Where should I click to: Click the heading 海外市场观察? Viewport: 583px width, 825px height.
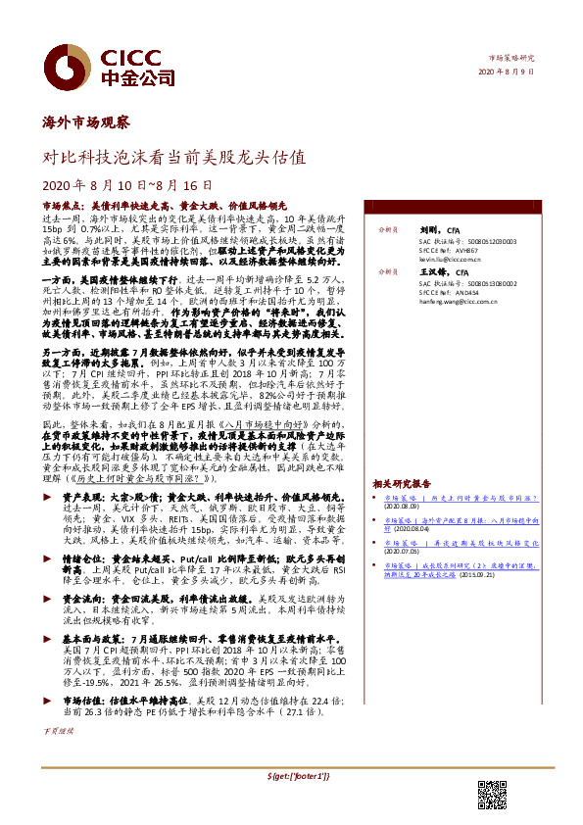tap(86, 122)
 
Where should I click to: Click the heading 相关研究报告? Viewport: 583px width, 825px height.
tap(402, 484)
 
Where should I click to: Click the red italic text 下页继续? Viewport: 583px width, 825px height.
tap(58, 730)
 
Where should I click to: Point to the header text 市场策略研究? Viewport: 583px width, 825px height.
tap(511, 59)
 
